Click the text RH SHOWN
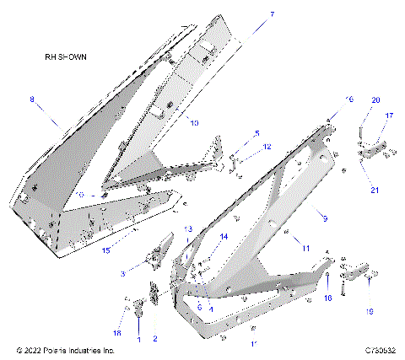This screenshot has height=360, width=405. pyautogui.click(x=67, y=57)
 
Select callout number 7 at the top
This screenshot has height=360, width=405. pyautogui.click(x=248, y=14)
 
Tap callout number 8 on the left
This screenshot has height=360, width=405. pyautogui.click(x=33, y=99)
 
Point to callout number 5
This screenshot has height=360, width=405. pyautogui.click(x=257, y=133)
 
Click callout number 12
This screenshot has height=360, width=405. pyautogui.click(x=267, y=147)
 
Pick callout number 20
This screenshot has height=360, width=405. pyautogui.click(x=375, y=99)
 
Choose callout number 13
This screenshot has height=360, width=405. pyautogui.click(x=188, y=229)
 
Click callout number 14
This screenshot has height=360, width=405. pyautogui.click(x=224, y=237)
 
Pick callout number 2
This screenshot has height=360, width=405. pyautogui.click(x=154, y=338)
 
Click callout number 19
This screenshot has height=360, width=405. pyautogui.click(x=367, y=311)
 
